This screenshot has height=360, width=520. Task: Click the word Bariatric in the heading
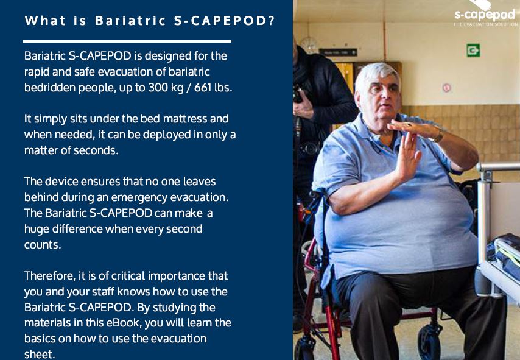[130, 21]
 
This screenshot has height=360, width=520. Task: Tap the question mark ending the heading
[272, 21]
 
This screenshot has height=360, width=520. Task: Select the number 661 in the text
[203, 88]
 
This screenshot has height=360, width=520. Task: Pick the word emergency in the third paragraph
[139, 197]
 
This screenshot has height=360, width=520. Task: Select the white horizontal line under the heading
[127, 41]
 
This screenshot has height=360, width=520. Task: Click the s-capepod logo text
[485, 15]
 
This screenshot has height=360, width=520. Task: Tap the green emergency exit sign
[473, 51]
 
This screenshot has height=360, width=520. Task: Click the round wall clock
[309, 45]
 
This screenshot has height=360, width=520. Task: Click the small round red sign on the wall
[447, 88]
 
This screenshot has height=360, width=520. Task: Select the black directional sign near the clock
[338, 52]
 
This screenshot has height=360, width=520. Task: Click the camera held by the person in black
[298, 94]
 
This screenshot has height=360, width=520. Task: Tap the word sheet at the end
[40, 354]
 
